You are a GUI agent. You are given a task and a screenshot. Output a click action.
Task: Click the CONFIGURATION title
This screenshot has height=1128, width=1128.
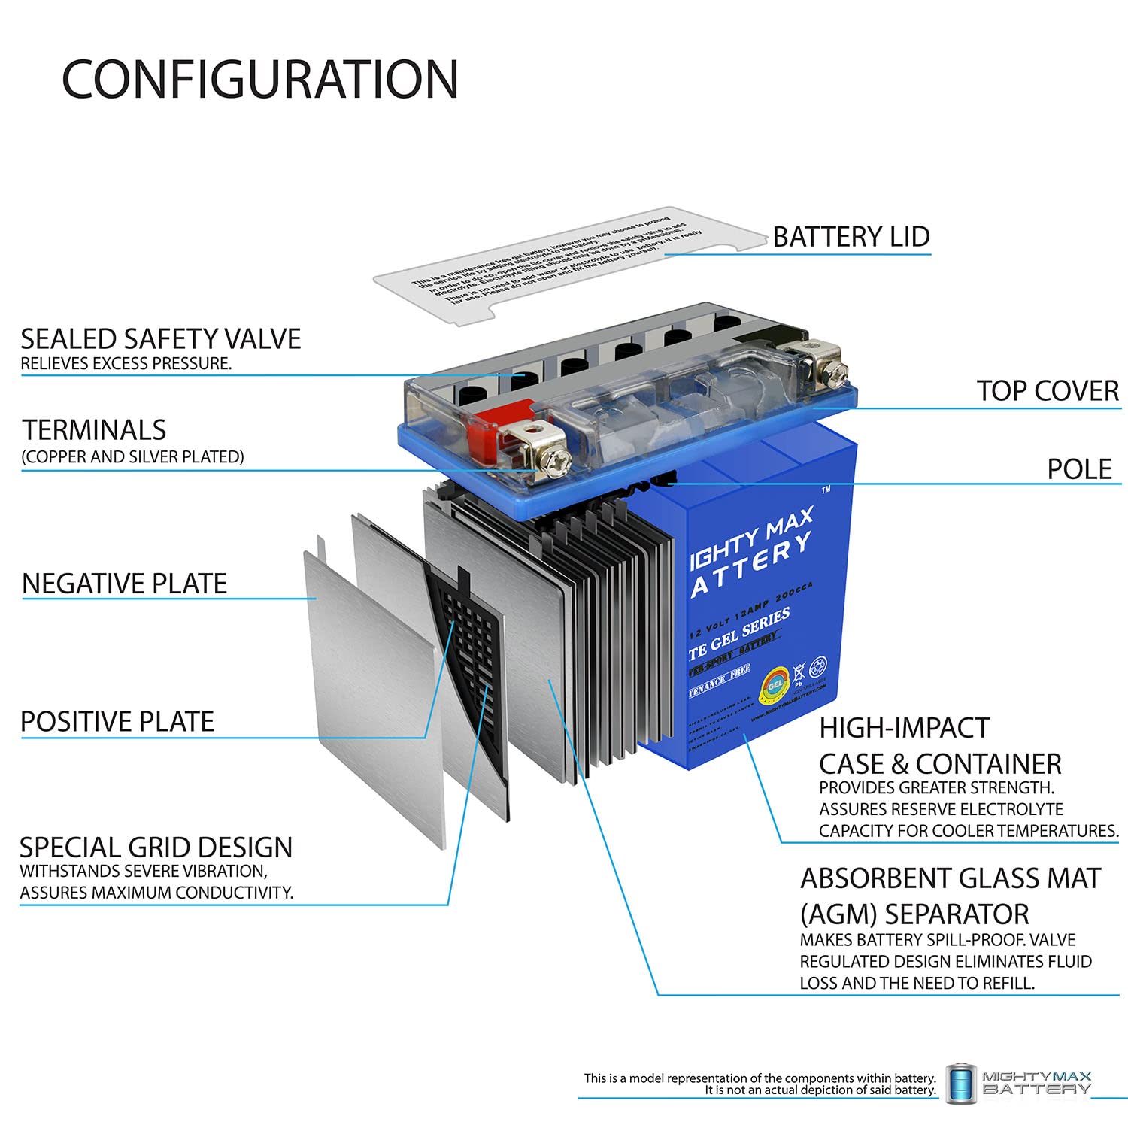[259, 79]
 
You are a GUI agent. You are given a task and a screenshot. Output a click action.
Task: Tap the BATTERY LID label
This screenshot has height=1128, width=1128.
[851, 237]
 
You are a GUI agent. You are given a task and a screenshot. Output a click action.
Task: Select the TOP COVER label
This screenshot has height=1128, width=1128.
[1047, 391]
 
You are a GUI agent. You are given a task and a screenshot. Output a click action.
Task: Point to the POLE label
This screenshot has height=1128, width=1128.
[1079, 469]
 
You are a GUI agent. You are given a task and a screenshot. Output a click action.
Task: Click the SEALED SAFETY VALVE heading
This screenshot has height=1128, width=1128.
[160, 339]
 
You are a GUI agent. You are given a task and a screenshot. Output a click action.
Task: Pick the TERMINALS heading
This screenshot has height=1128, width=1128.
[94, 430]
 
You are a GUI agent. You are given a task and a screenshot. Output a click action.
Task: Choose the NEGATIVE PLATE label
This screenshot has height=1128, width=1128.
[124, 584]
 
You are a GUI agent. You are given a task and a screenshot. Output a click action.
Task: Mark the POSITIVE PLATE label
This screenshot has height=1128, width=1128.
[117, 722]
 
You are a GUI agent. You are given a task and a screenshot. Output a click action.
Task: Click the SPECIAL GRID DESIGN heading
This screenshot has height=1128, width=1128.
[156, 848]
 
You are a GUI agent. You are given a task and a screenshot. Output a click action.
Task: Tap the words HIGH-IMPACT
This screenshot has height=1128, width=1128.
[904, 728]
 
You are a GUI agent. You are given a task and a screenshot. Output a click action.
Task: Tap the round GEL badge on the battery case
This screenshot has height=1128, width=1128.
[775, 683]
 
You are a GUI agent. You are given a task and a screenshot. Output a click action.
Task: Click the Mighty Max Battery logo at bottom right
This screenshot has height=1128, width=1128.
[1019, 1083]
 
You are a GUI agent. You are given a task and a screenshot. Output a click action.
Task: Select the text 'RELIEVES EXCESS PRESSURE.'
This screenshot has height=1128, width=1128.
[126, 364]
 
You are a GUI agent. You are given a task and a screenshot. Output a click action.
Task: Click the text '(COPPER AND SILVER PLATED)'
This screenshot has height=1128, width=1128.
[132, 457]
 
